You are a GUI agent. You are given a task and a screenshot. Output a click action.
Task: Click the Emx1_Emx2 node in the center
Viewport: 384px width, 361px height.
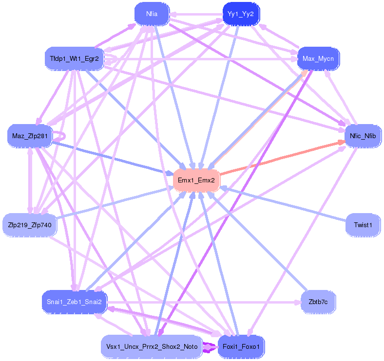tap(196, 180)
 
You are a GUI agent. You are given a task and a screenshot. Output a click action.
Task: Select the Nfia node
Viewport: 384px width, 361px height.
tap(152, 14)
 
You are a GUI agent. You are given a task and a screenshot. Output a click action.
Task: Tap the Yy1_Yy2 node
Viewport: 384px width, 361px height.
tap(241, 14)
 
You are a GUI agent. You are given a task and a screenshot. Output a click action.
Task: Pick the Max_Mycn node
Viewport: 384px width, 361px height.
tap(318, 59)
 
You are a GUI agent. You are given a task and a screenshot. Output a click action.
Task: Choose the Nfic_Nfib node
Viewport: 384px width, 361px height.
tap(360, 136)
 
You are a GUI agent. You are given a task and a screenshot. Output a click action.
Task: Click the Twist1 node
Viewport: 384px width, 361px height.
tap(363, 225)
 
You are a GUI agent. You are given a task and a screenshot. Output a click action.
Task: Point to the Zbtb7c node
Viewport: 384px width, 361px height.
tap(318, 302)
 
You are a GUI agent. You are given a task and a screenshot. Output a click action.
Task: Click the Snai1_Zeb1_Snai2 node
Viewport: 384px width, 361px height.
tap(74, 302)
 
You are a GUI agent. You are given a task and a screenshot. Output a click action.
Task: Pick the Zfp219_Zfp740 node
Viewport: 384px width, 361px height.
tap(30, 225)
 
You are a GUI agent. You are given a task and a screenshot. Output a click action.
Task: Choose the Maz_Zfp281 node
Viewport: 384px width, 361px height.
tap(30, 136)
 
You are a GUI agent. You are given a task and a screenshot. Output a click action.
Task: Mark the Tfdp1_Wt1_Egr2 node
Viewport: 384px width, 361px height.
tap(74, 59)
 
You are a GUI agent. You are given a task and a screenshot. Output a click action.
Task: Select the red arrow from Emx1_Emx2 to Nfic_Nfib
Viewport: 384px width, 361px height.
tap(283, 158)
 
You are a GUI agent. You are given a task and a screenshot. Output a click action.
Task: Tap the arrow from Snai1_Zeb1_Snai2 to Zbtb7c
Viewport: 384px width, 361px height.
tap(205, 302)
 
